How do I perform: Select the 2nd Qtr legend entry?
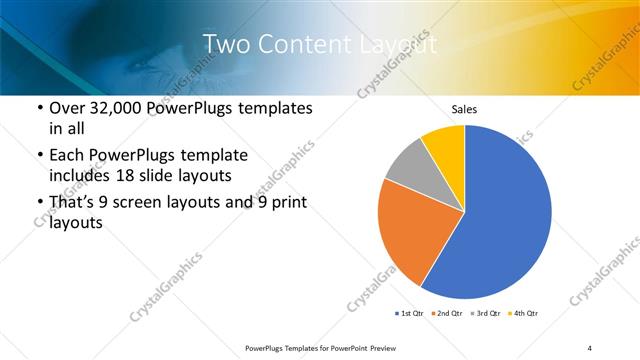(x=446, y=314)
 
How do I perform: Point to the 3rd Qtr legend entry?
(x=485, y=314)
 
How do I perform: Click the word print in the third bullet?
(x=285, y=204)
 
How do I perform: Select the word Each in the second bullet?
(x=67, y=156)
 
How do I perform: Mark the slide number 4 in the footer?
(x=590, y=347)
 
